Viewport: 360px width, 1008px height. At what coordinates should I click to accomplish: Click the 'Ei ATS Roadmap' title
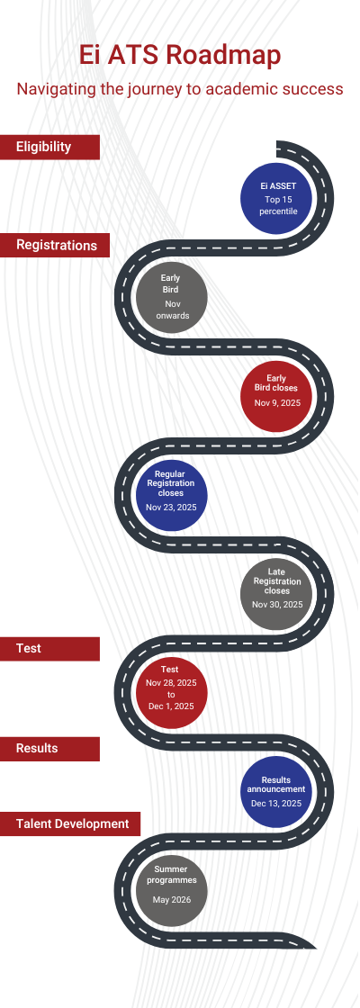(x=180, y=55)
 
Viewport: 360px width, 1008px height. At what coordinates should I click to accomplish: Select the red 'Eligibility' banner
(x=49, y=147)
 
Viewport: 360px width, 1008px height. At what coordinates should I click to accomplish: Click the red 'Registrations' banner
(x=55, y=245)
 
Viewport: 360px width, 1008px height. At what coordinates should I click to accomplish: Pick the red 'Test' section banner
(x=49, y=649)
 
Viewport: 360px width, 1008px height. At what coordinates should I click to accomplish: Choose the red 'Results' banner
(x=49, y=748)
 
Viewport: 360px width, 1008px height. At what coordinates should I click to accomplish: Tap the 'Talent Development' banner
(x=70, y=823)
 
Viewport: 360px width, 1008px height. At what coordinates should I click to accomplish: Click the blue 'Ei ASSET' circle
(x=277, y=198)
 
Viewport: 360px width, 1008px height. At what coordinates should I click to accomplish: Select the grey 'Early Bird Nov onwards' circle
(x=172, y=297)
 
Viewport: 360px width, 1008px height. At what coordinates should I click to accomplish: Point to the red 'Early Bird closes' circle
(x=277, y=397)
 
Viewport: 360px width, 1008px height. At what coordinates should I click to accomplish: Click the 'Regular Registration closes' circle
(x=172, y=496)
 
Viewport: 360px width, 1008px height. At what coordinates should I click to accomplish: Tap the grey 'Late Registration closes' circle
(x=277, y=595)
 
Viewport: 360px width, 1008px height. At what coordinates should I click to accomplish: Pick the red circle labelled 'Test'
(x=172, y=693)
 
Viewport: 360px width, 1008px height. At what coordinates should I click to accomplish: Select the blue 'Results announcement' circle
(x=277, y=792)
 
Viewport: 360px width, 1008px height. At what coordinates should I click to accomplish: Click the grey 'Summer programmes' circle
(x=172, y=891)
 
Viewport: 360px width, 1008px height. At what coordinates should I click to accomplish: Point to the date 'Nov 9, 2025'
(x=277, y=403)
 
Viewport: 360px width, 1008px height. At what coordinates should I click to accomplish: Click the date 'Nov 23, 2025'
(x=172, y=508)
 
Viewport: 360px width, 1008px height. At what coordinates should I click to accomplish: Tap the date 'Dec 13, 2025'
(x=276, y=804)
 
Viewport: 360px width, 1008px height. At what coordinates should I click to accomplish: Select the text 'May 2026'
(x=172, y=899)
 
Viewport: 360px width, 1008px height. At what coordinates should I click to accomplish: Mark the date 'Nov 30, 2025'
(x=277, y=605)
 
